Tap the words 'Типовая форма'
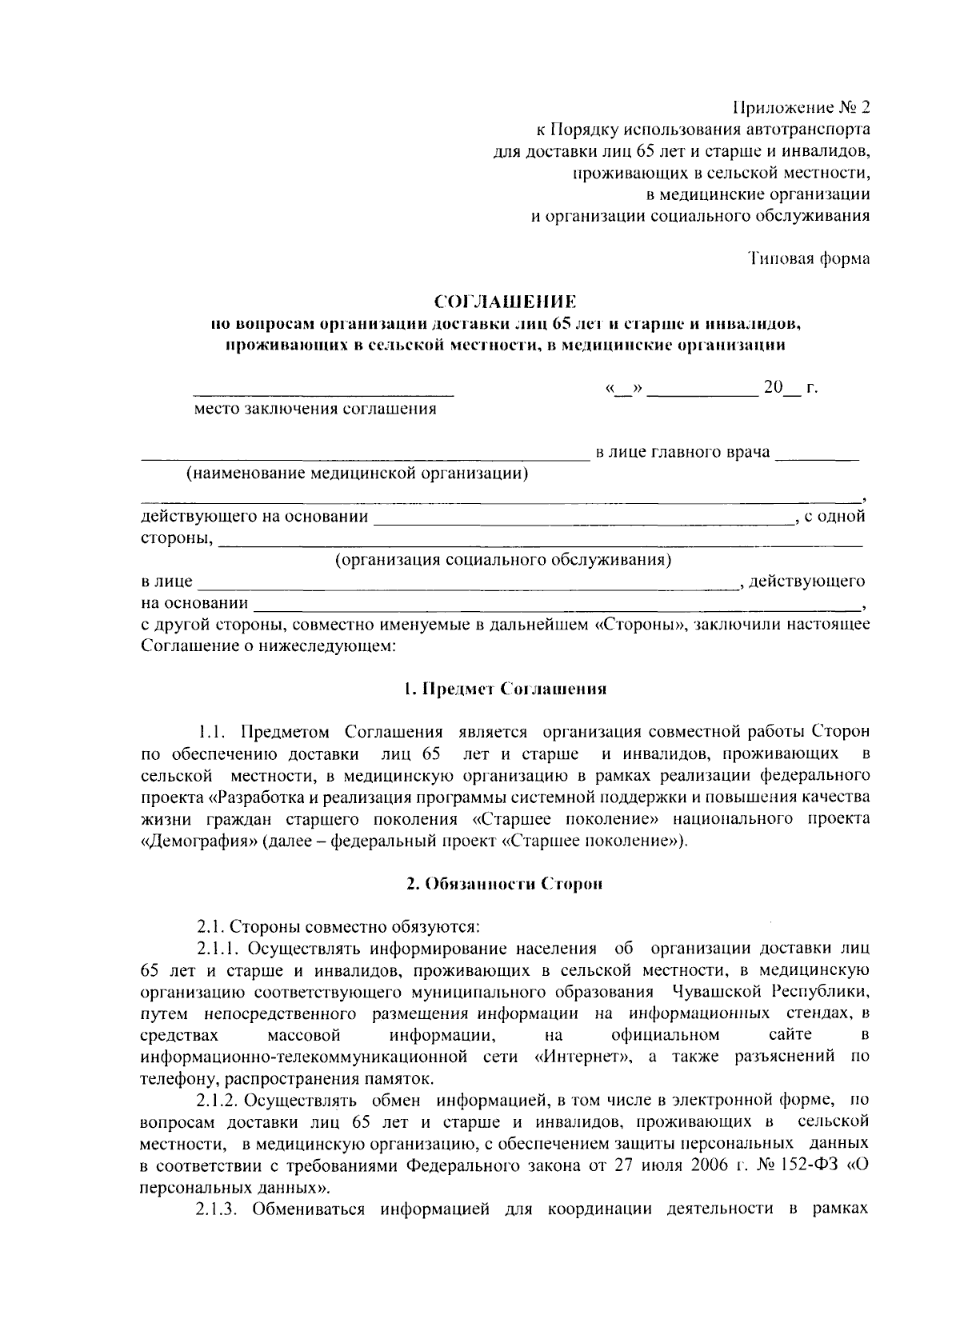click(x=810, y=258)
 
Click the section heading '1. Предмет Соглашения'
click(x=505, y=689)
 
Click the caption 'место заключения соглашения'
click(x=316, y=410)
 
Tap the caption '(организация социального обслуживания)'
click(x=502, y=559)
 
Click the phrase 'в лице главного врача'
click(x=683, y=453)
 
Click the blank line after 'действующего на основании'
click(x=582, y=521)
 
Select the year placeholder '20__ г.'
click(x=790, y=389)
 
